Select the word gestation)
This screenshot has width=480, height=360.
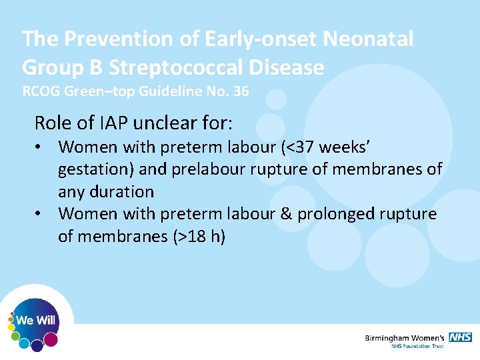(x=96, y=169)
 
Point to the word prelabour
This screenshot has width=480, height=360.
(x=207, y=169)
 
